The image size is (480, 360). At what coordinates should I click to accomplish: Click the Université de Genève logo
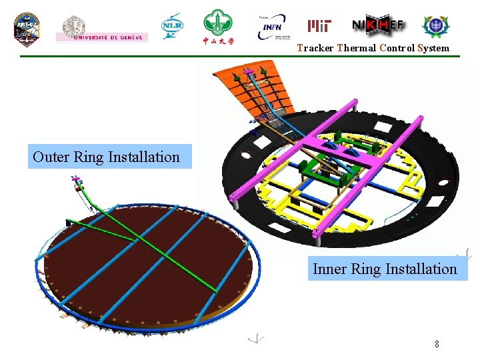pos(102,29)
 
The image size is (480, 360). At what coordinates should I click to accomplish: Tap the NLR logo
pos(171,27)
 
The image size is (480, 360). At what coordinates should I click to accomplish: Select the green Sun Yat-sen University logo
pos(218,27)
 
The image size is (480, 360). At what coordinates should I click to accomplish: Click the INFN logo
pos(273,28)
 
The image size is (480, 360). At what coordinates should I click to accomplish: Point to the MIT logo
pos(319,26)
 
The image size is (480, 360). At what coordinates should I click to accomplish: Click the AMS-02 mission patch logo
pos(27,29)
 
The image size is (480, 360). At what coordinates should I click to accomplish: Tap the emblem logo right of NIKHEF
pos(436,26)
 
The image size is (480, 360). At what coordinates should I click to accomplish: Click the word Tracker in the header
pos(315,48)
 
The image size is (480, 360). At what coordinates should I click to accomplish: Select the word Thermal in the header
pos(357,48)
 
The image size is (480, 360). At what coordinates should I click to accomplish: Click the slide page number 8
pos(437,345)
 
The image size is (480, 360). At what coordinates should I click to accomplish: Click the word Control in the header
pos(397,48)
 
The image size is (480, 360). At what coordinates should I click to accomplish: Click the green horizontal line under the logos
pos(240,57)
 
